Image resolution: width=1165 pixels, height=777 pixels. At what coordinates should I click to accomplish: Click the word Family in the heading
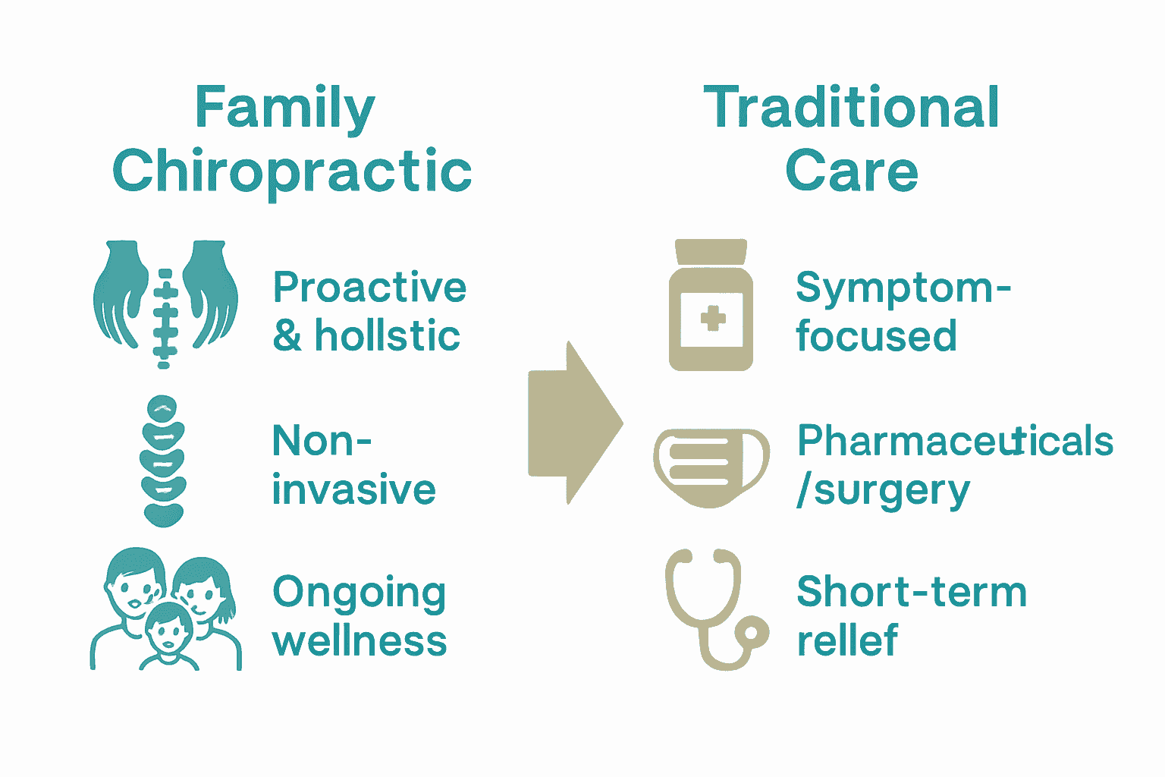[284, 109]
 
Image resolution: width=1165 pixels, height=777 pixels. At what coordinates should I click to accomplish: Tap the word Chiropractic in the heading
[292, 171]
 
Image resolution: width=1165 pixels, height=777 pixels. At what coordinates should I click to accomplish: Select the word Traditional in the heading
[851, 108]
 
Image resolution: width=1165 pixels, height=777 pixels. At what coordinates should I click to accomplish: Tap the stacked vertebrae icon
[162, 460]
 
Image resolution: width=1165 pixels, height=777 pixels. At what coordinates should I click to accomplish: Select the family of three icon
[166, 610]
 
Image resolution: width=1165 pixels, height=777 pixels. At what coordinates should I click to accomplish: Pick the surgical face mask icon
[711, 466]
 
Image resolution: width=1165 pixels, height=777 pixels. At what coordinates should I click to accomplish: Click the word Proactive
[369, 288]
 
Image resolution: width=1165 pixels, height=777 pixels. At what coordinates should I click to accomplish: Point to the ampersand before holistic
[287, 336]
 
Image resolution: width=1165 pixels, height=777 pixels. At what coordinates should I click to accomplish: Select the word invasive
[353, 489]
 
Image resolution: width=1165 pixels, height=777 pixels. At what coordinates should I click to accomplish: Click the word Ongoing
[359, 593]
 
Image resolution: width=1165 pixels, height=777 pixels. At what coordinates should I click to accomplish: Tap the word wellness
[359, 640]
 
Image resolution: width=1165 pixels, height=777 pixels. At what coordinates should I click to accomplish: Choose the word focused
[876, 336]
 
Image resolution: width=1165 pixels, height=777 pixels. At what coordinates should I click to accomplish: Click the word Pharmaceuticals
[955, 441]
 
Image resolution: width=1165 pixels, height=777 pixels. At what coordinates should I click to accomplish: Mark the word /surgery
[884, 491]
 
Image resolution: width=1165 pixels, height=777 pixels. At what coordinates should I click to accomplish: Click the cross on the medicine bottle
[712, 318]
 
